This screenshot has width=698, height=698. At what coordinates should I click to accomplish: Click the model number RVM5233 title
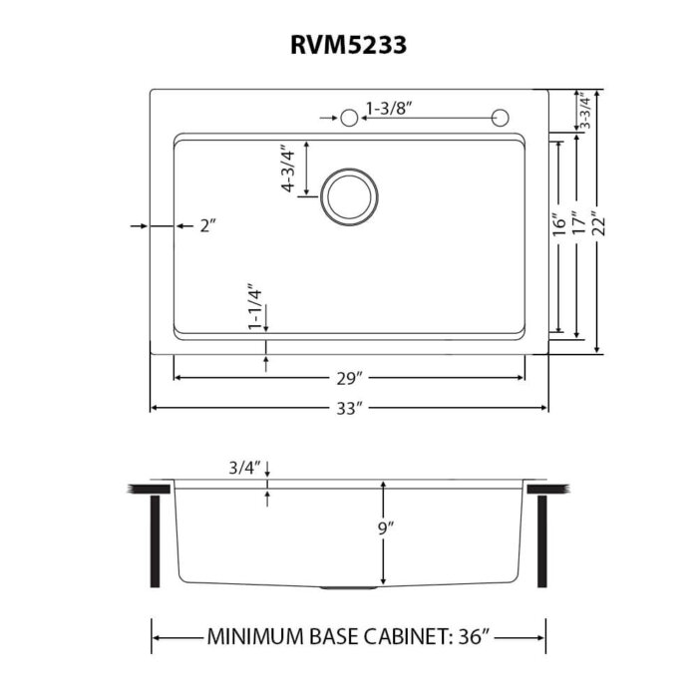point(348,44)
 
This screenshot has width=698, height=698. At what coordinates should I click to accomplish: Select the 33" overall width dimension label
point(348,409)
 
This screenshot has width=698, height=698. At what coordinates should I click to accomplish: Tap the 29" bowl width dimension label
point(348,378)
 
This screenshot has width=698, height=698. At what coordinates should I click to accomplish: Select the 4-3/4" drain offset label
point(289,169)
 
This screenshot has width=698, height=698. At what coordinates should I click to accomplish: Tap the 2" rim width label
point(207,226)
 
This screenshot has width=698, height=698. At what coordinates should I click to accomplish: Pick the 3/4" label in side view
point(243,466)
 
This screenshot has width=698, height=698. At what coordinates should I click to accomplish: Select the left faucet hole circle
point(349,119)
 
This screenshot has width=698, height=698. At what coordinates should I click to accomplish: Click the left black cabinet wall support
point(156,539)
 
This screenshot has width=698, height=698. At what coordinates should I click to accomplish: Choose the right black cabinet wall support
point(543,539)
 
